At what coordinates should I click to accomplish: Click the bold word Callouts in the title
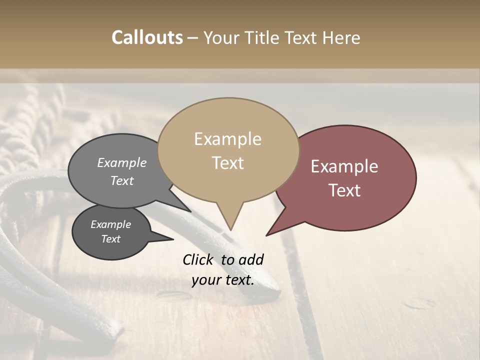pyautogui.click(x=147, y=37)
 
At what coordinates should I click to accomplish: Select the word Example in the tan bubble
pyautogui.click(x=227, y=139)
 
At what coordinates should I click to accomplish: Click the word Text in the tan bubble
pyautogui.click(x=227, y=163)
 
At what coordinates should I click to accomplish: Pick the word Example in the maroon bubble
pyautogui.click(x=344, y=166)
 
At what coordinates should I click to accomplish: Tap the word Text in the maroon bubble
pyautogui.click(x=344, y=190)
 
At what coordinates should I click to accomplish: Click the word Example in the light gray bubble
pyautogui.click(x=122, y=163)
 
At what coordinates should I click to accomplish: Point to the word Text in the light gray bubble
pyautogui.click(x=122, y=180)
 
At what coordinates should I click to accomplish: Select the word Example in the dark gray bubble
pyautogui.click(x=110, y=224)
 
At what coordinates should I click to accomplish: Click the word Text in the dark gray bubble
pyautogui.click(x=110, y=239)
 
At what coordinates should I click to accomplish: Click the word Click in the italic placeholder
pyautogui.click(x=198, y=259)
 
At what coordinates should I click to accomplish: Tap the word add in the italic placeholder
pyautogui.click(x=250, y=259)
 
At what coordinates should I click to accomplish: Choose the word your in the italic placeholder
pyautogui.click(x=206, y=280)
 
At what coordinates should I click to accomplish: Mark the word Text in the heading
pyautogui.click(x=301, y=37)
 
